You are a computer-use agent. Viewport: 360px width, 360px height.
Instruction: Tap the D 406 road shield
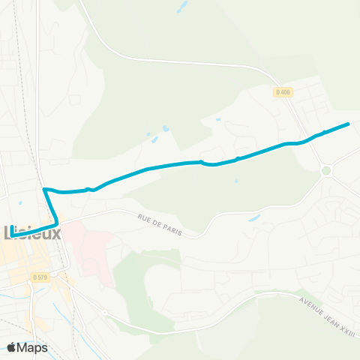click(282, 91)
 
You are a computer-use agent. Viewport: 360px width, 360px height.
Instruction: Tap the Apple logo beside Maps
click(12, 346)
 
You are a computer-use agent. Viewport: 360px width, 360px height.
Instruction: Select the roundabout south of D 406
click(325, 171)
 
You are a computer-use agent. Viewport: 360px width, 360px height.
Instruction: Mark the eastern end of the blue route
click(349, 124)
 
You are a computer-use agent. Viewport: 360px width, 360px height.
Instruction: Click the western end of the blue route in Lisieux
click(11, 236)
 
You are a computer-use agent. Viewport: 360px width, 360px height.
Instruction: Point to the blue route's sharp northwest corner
click(45, 189)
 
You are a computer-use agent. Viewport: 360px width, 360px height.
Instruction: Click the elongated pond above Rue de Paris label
click(253, 218)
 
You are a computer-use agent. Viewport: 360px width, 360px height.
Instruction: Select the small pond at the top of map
click(180, 9)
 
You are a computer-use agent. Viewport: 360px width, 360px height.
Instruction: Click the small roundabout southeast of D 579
click(106, 312)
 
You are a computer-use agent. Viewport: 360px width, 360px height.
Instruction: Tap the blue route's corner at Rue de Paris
click(57, 223)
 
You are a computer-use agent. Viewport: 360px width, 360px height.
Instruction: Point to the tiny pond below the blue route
click(235, 181)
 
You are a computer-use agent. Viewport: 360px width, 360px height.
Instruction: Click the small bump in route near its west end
click(89, 189)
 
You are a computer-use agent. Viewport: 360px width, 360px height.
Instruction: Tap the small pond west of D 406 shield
click(217, 119)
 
